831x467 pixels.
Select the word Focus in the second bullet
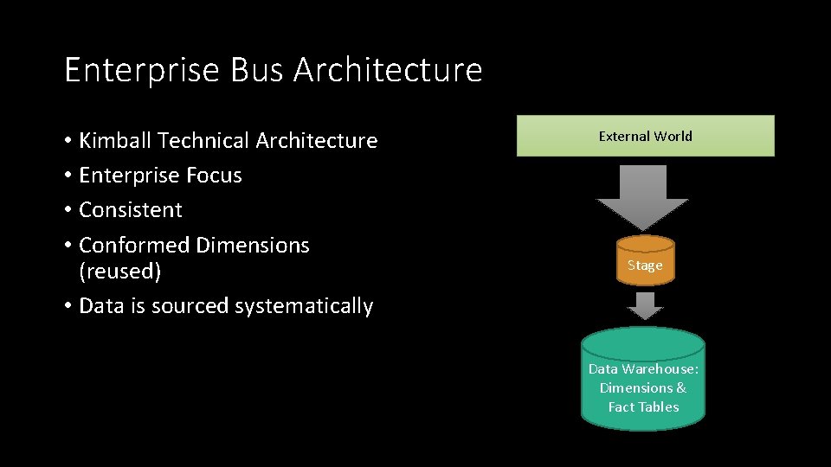point(214,176)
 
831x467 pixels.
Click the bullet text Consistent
point(131,210)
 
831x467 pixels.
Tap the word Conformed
point(134,246)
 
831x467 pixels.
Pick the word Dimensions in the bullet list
point(253,246)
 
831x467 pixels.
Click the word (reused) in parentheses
point(119,272)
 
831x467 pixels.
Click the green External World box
point(645,136)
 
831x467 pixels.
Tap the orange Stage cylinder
point(645,260)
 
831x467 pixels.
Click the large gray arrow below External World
point(642,195)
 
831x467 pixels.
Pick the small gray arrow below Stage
point(644,305)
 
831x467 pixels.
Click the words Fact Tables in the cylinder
point(643,407)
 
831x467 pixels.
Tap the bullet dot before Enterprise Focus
point(68,176)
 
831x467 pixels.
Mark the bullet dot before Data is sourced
point(68,307)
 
